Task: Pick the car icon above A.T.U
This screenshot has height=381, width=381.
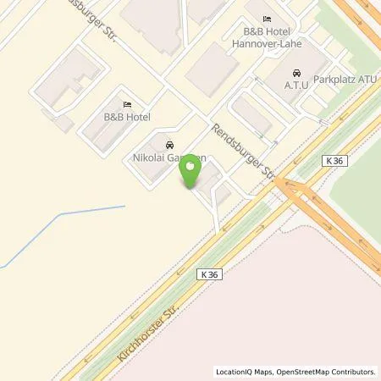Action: click(x=296, y=72)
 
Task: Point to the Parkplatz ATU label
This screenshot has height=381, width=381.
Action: click(x=344, y=79)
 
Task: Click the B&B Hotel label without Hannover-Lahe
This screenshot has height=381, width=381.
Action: click(x=127, y=117)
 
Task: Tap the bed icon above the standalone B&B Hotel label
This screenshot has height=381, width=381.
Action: click(x=127, y=104)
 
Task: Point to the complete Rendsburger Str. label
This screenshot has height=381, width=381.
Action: click(x=241, y=146)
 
